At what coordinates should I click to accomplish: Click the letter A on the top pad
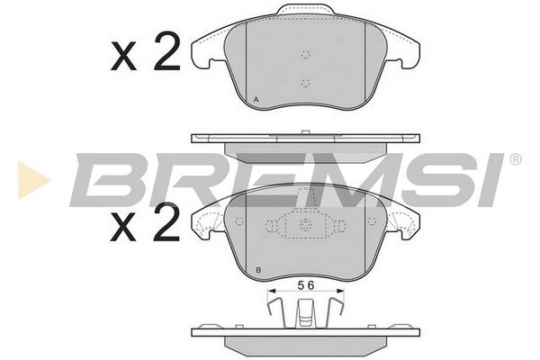coord(256,100)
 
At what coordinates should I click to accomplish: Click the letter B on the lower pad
coord(258,270)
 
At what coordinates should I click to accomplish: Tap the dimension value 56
coord(306,285)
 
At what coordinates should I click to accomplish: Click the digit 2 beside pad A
coord(167,51)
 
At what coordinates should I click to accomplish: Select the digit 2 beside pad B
coord(167,221)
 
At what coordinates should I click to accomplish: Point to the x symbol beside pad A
coord(123,58)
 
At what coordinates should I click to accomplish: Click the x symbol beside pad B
coord(123,228)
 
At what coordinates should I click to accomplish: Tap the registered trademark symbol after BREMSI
coord(516,159)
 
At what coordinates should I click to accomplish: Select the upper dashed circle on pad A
coord(305,54)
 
